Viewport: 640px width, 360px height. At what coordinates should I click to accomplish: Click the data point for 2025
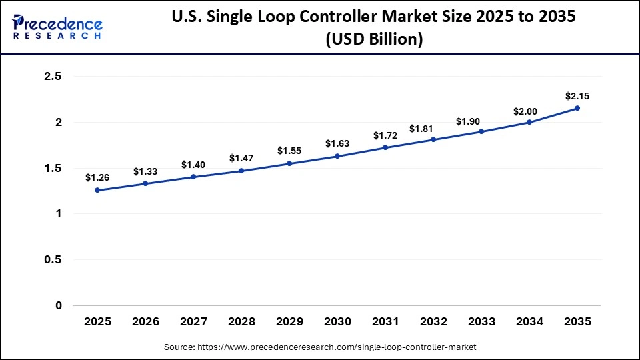pyautogui.click(x=97, y=190)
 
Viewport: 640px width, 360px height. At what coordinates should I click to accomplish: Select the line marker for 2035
pyautogui.click(x=577, y=108)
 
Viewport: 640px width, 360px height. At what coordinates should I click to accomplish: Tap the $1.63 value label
pyautogui.click(x=337, y=143)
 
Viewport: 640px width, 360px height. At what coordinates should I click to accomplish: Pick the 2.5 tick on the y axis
pyautogui.click(x=52, y=77)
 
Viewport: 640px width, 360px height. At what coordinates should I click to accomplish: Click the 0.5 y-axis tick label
pyautogui.click(x=52, y=260)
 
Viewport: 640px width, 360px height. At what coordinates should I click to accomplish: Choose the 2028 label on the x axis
pyautogui.click(x=241, y=321)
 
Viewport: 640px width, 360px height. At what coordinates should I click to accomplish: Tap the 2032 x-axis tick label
pyautogui.click(x=433, y=321)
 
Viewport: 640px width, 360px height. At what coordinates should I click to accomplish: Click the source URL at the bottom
pyautogui.click(x=320, y=347)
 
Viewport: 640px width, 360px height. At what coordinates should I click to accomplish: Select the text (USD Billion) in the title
pyautogui.click(x=373, y=40)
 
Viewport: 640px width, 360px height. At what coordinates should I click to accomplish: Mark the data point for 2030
pyautogui.click(x=337, y=156)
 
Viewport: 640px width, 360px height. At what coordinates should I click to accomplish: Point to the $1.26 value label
pyautogui.click(x=97, y=177)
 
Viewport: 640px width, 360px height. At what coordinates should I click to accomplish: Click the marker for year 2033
pyautogui.click(x=481, y=131)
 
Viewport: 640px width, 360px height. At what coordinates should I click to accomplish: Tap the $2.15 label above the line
pyautogui.click(x=577, y=96)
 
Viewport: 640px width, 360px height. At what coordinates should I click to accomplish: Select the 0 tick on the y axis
pyautogui.click(x=58, y=305)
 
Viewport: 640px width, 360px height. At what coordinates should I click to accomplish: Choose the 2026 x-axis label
pyautogui.click(x=145, y=321)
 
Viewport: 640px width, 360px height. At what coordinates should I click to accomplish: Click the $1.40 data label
pyautogui.click(x=193, y=165)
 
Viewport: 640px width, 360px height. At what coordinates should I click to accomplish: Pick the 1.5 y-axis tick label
pyautogui.click(x=52, y=168)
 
